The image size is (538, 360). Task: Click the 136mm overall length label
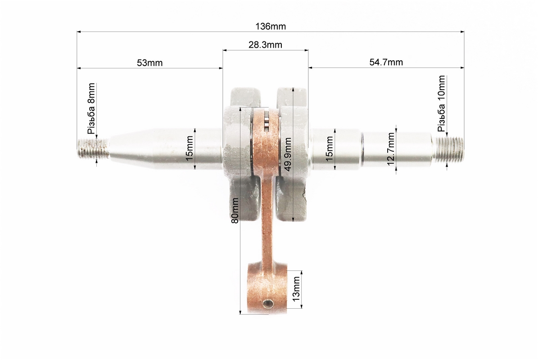(x=271, y=27)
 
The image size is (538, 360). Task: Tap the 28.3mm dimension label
(x=265, y=45)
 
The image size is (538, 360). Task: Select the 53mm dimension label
(x=149, y=63)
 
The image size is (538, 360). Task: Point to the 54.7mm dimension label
(x=386, y=62)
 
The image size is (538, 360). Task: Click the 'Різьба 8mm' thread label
(x=91, y=108)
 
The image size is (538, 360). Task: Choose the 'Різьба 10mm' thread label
(x=441, y=103)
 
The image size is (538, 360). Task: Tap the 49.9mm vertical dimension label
(x=288, y=154)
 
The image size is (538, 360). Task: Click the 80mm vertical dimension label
(x=235, y=211)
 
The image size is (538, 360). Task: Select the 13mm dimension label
(x=296, y=289)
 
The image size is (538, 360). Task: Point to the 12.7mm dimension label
(x=391, y=149)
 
